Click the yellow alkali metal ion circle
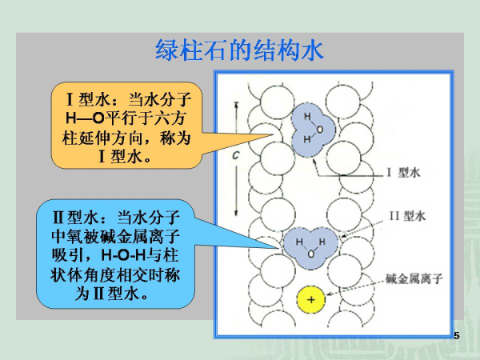(311, 300)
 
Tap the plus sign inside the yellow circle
(311, 300)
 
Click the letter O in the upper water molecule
(319, 128)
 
